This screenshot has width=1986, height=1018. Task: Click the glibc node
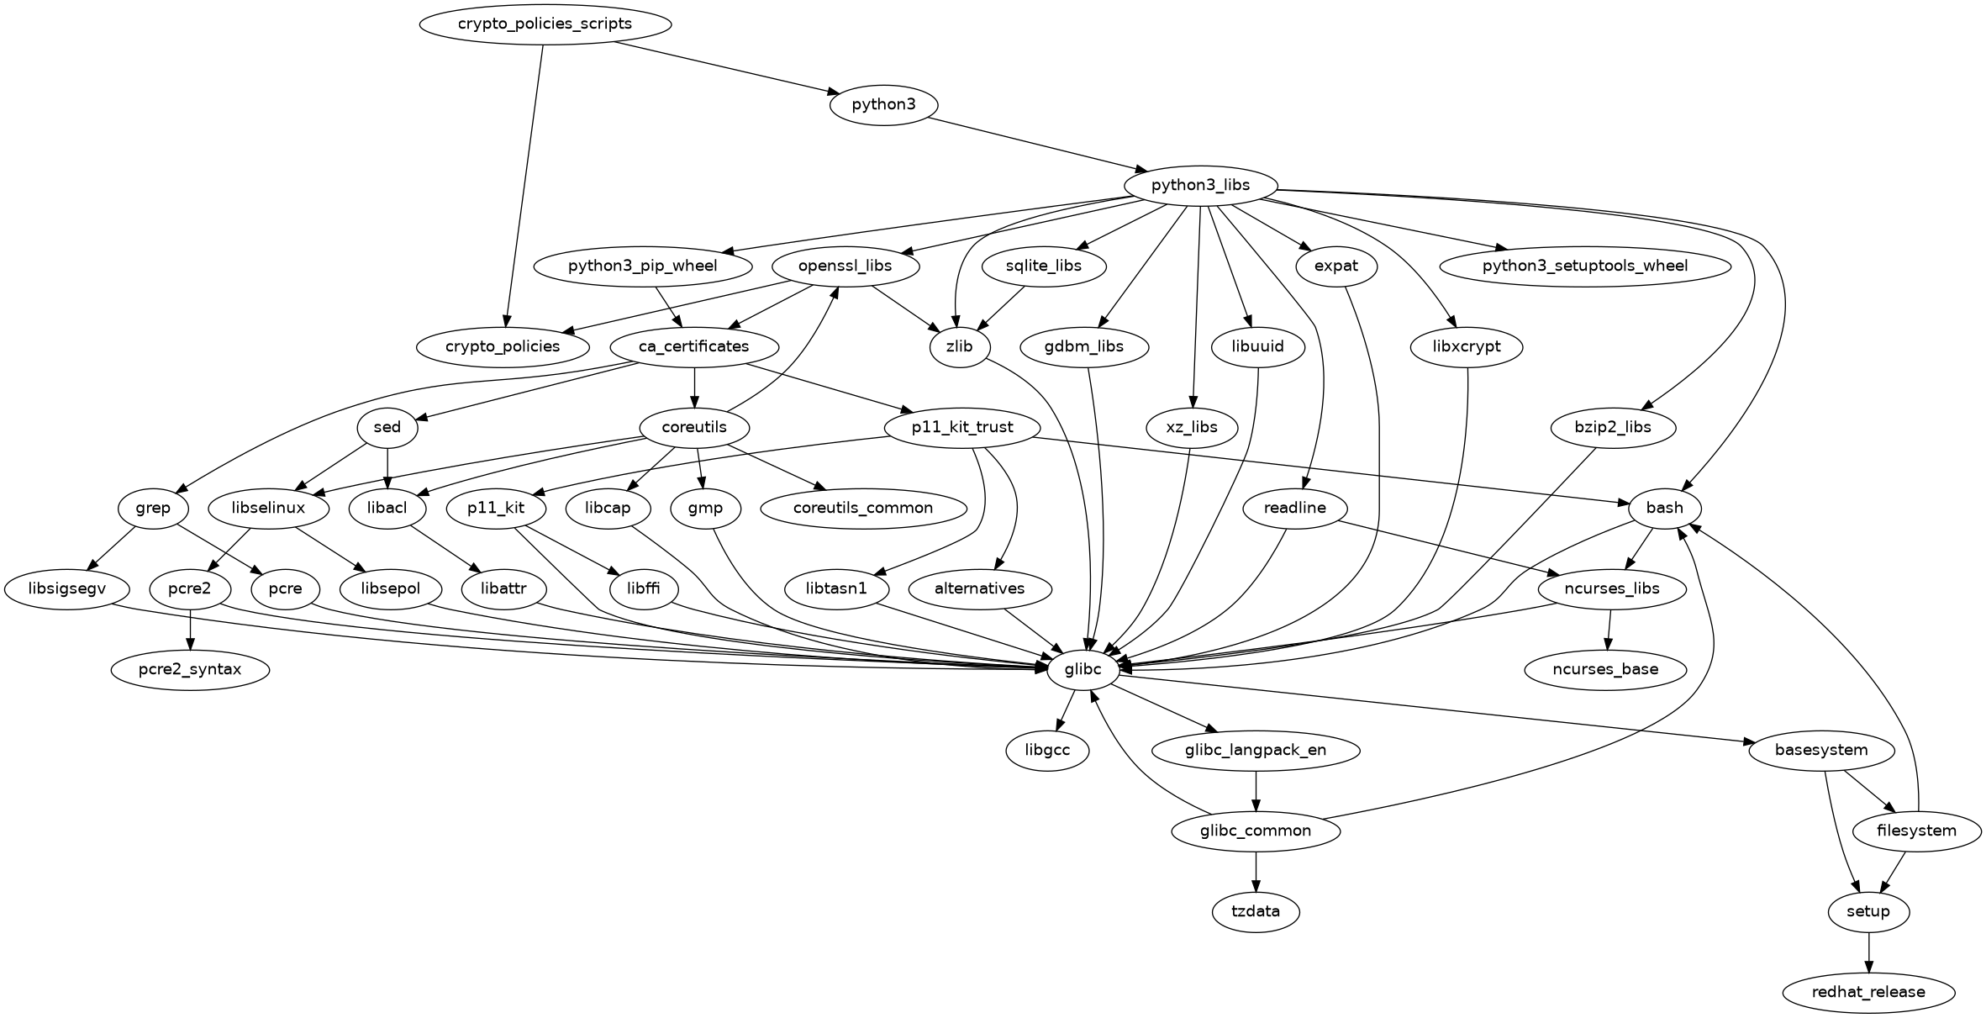[1083, 669]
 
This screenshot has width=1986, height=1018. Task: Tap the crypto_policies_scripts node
[545, 24]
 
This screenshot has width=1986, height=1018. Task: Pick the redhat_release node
[1868, 992]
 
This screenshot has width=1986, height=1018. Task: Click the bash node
[1664, 508]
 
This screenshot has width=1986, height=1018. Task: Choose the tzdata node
[1256, 911]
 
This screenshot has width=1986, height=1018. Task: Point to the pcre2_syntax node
[190, 669]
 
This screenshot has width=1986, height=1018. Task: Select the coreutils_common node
[862, 508]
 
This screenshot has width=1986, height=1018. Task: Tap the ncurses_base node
[1604, 669]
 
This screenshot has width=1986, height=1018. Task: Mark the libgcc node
[1048, 750]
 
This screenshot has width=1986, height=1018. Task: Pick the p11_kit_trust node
[962, 427]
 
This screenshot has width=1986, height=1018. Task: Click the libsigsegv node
[67, 588]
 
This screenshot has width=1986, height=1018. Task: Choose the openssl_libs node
[845, 266]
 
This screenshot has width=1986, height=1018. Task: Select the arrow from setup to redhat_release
[1868, 952]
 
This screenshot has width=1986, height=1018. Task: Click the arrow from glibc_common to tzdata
[1256, 871]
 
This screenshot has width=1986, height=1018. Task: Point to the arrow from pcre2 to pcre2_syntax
[191, 629]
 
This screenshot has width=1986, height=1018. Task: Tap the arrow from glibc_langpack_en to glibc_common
[1256, 790]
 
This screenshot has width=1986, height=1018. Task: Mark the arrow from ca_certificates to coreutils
[694, 387]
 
